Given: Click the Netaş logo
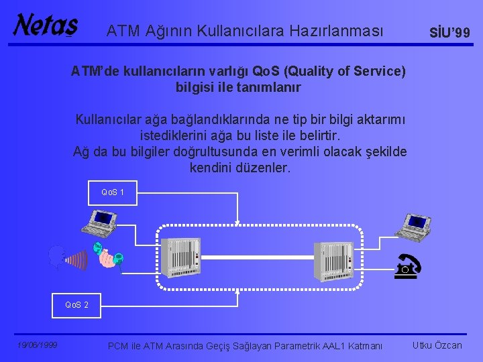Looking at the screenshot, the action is (x=46, y=25).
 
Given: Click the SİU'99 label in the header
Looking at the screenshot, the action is (x=450, y=33).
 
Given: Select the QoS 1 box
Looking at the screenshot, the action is (x=113, y=192).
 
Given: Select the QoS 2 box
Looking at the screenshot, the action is (x=76, y=305).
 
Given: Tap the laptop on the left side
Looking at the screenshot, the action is (x=98, y=223).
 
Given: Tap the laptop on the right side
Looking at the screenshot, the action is (x=412, y=227).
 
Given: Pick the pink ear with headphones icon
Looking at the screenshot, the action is (x=108, y=257).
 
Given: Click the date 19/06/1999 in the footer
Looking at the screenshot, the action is (x=38, y=345).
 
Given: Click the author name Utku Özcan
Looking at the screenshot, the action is (x=437, y=345).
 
